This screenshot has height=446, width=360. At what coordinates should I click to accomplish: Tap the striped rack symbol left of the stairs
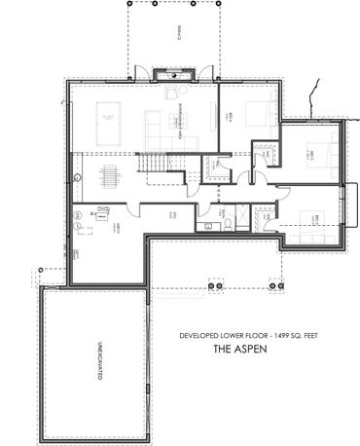pyautogui.click(x=106, y=179)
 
